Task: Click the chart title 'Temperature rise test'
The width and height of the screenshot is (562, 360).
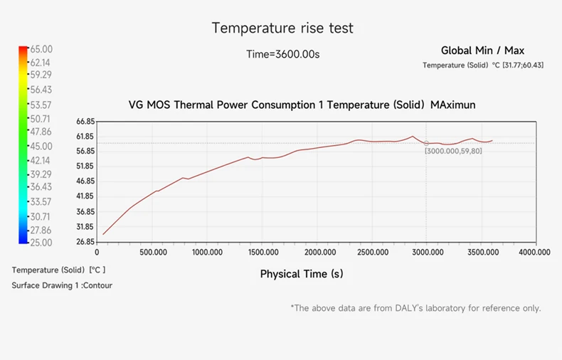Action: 282,28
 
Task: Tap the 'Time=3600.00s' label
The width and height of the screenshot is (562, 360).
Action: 282,54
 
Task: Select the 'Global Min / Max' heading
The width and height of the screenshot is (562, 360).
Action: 482,51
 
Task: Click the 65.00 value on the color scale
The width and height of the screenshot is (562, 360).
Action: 41,49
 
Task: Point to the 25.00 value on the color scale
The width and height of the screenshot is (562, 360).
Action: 41,243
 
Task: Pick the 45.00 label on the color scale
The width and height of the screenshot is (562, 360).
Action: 41,146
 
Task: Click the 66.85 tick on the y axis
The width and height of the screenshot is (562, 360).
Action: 85,122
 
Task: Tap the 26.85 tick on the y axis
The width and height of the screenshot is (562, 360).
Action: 85,242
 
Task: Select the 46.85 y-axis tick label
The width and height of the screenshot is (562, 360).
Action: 85,181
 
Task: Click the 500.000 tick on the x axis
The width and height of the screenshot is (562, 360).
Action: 154,252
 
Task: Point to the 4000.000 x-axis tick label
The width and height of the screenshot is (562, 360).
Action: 534,252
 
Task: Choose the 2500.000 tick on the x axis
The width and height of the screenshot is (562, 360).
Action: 372,252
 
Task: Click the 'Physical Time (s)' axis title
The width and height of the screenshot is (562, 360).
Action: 302,274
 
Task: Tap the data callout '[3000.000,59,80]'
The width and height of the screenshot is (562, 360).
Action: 453,151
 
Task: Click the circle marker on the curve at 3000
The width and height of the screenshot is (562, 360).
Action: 427,143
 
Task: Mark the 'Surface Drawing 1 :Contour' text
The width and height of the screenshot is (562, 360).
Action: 62,285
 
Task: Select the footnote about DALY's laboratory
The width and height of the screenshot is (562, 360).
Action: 415,308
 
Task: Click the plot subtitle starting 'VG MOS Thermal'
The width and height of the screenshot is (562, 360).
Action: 302,105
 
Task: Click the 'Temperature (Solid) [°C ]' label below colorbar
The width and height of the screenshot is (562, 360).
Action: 58,270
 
